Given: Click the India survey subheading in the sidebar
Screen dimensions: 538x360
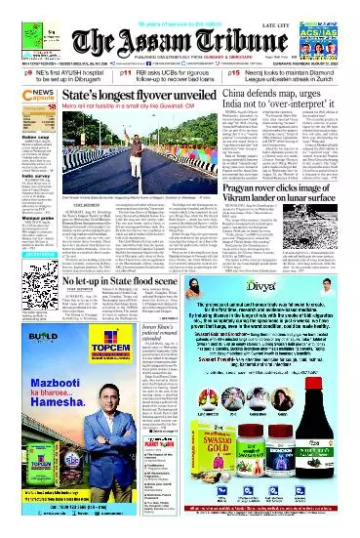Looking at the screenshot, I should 20,203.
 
